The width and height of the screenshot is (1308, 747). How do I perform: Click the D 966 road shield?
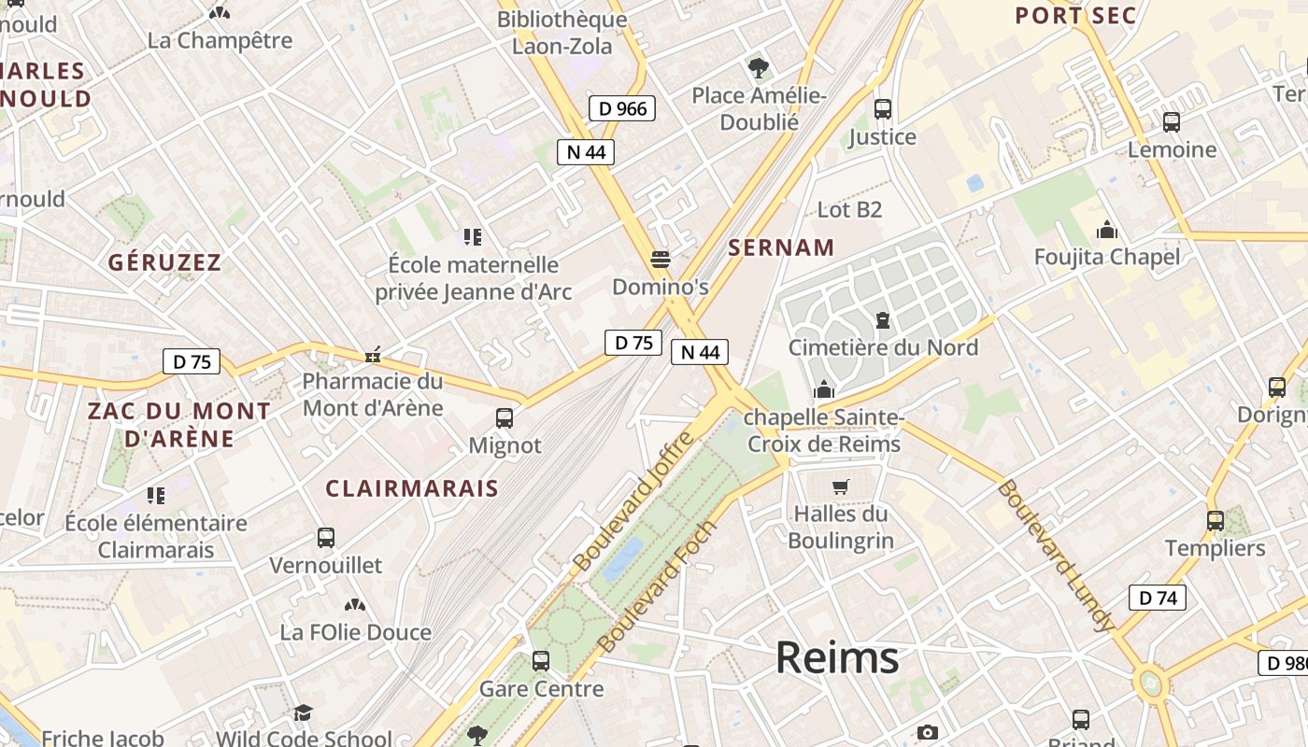click(622, 108)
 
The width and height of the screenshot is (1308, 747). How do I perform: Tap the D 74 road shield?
click(1158, 598)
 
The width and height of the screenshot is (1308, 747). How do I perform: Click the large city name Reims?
click(837, 657)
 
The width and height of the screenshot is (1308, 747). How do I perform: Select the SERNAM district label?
click(781, 247)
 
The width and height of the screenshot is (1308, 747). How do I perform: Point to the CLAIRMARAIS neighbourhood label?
click(412, 488)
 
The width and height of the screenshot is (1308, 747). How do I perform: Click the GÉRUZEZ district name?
click(164, 262)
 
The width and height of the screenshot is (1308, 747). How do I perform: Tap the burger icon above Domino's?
click(661, 258)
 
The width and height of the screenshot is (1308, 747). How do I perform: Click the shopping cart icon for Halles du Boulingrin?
click(840, 486)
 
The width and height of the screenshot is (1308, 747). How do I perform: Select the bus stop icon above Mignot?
click(505, 417)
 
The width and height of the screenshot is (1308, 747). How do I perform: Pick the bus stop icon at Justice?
click(883, 108)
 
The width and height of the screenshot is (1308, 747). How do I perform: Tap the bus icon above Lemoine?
click(1172, 121)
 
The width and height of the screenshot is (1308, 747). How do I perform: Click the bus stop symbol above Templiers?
click(1215, 520)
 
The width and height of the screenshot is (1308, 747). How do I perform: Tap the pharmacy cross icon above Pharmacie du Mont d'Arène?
click(373, 355)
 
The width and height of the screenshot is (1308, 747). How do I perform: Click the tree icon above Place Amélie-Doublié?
click(758, 67)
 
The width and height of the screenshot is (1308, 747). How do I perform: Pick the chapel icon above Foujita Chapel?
click(1107, 229)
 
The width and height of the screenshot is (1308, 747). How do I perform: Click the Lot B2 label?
click(849, 210)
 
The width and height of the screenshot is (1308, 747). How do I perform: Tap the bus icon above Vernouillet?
click(326, 538)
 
